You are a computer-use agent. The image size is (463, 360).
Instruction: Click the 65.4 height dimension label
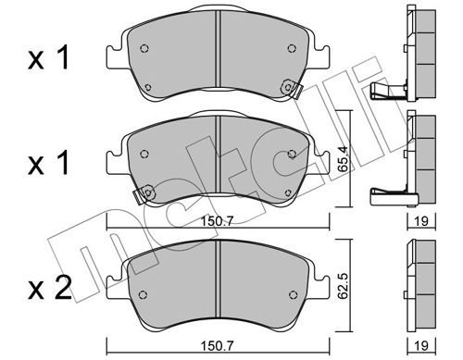(343, 159)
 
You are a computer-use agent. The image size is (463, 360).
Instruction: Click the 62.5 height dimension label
(343, 285)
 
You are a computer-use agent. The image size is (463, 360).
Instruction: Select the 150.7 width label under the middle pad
(218, 221)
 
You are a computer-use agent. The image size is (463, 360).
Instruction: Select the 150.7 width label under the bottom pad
(218, 345)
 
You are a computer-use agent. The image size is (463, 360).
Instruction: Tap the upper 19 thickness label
(421, 221)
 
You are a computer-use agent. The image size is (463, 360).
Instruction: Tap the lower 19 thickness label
(421, 345)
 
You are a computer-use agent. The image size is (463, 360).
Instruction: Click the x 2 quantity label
(50, 289)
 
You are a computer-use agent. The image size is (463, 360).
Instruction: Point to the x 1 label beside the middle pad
(48, 163)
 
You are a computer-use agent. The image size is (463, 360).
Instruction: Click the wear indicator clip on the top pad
(292, 89)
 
